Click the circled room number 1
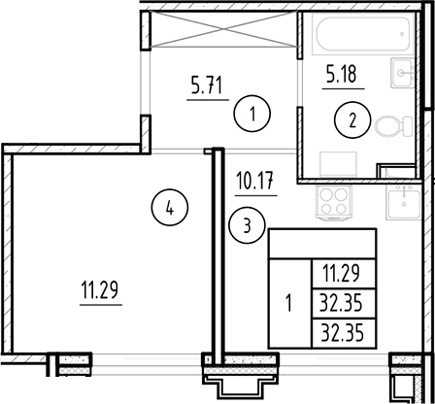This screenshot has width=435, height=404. pos(251,114)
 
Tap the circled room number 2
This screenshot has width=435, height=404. pos(352,120)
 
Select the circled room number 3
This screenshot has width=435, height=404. pos(247,225)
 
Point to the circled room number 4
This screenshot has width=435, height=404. pos(169,207)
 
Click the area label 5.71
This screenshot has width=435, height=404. pos(207,86)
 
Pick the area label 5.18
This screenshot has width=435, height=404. pos(342,74)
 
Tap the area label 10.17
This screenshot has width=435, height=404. pos(255,181)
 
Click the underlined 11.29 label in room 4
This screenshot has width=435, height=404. pos(100,290)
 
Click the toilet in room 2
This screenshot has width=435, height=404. pos(393,126)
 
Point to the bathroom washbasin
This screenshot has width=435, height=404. pos(402,73)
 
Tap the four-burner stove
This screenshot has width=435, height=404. pos(334,203)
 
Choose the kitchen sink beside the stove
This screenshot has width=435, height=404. pos(404,202)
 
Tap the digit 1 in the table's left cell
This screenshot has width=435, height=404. pos(288,304)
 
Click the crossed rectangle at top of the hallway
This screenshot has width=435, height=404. pos(223,29)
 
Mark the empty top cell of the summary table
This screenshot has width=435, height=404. pos(322,244)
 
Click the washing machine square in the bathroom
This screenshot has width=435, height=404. pos(338,165)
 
